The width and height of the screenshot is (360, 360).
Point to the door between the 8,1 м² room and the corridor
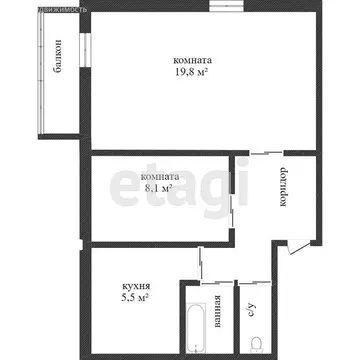click(x=232, y=195)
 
